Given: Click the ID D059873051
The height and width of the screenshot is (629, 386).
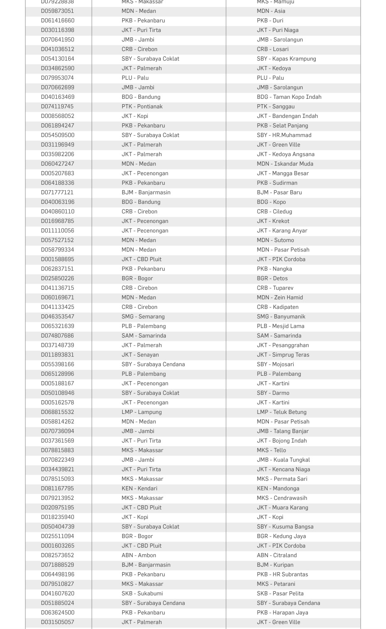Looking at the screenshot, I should point(57,11).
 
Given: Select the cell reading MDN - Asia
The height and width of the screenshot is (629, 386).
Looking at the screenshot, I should point(271,11).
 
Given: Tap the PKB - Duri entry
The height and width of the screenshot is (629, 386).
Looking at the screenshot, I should point(270,21).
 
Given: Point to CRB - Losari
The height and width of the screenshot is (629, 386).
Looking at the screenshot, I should point(273,49).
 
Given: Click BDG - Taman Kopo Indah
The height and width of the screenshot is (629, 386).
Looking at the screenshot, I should point(289,97).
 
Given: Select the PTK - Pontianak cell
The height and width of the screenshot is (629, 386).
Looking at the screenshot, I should point(142,107).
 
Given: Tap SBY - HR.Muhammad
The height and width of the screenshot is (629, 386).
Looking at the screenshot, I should point(284,135).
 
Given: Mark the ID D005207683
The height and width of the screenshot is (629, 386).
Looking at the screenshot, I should point(57,174).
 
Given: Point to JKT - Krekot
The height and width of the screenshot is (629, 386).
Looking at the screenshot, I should point(273,221).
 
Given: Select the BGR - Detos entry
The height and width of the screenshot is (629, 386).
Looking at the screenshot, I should point(272,279).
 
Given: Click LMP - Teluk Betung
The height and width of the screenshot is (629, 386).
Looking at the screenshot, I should point(281,412).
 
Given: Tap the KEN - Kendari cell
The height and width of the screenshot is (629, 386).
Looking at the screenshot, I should point(139,489).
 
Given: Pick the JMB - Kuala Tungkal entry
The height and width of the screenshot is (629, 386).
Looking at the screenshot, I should point(283,460).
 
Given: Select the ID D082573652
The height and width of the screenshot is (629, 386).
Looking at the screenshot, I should point(57,556).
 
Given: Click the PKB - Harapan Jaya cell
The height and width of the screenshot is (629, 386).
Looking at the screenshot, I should point(282,613).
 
